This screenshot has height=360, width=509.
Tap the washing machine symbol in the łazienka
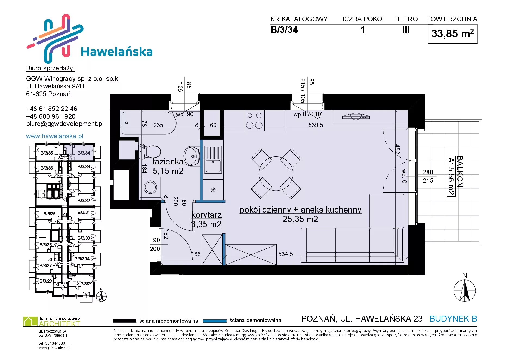coord(150,187)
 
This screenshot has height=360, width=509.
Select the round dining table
coord(276,174)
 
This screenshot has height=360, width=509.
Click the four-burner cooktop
coord(254,120)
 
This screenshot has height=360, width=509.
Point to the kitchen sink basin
coord(213,166)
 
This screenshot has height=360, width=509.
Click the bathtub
coord(149,123)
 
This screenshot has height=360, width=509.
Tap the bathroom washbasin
coord(192,156)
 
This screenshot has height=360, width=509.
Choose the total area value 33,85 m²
coord(452,33)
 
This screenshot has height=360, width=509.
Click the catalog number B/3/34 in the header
coord(284,30)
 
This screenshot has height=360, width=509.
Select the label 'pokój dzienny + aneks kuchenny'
coord(300,210)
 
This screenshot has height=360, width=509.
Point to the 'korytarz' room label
coord(206,215)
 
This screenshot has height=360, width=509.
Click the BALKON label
coord(460,171)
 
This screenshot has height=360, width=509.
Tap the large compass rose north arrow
coord(465,290)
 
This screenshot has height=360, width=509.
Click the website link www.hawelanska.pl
coord(54,136)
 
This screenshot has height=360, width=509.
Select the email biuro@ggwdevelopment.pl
coord(65,124)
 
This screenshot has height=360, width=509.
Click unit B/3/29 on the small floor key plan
coord(86,284)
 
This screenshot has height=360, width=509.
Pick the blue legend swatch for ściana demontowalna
coord(215,321)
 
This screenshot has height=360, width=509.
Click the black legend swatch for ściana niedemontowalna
coord(124,321)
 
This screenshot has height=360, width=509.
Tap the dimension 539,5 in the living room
coord(316,125)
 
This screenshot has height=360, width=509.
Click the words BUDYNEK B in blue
coord(453,319)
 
